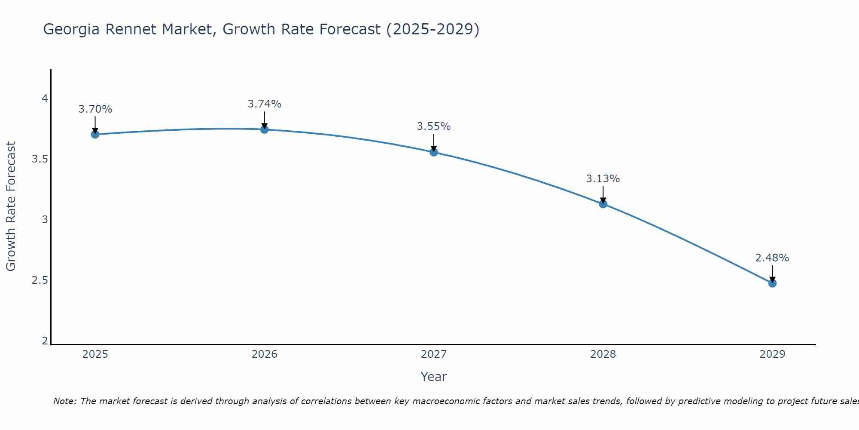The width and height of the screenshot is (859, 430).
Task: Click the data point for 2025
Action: tap(95, 134)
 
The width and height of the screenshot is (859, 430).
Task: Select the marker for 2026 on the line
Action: tap(265, 129)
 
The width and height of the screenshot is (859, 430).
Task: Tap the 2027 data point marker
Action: tap(434, 152)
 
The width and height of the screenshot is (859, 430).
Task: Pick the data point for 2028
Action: tap(603, 204)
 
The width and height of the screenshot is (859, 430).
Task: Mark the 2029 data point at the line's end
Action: tap(772, 283)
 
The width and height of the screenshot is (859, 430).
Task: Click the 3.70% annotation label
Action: tap(95, 109)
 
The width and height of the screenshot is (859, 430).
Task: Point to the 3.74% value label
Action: tap(265, 104)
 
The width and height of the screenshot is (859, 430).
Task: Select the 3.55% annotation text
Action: tap(434, 126)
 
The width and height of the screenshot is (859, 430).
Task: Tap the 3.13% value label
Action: tap(603, 179)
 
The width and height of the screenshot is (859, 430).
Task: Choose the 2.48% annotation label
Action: tap(772, 258)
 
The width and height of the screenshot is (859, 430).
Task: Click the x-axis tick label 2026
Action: tap(265, 354)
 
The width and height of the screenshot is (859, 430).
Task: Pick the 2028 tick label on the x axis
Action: tap(603, 354)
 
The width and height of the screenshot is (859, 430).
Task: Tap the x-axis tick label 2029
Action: tap(772, 354)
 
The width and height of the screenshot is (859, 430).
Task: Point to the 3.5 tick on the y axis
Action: tap(40, 160)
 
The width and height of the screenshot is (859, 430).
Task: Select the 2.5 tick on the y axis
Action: tap(40, 280)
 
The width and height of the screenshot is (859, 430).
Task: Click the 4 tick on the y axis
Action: tap(45, 99)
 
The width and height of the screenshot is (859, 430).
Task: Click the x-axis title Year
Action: tap(434, 377)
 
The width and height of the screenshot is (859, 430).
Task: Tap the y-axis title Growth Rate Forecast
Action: tap(11, 206)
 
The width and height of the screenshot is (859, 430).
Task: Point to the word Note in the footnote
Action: tap(64, 401)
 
